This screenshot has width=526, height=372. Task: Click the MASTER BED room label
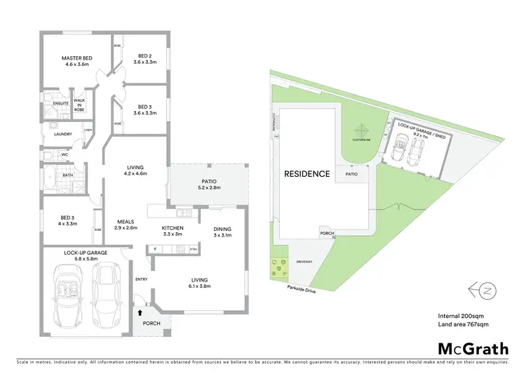click(x=74, y=61)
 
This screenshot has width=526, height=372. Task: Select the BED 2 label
click(x=145, y=58)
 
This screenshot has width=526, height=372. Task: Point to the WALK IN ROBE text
click(x=79, y=105)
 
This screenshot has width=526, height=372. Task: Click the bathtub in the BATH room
click(x=49, y=180)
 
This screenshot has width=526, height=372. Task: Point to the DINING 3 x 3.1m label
click(x=222, y=232)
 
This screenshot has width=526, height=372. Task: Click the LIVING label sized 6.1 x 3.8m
click(x=198, y=282)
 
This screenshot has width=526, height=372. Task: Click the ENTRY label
click(x=140, y=279)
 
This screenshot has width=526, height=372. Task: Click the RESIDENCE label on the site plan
click(x=306, y=173)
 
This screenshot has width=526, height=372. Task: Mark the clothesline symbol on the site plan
click(x=360, y=131)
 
